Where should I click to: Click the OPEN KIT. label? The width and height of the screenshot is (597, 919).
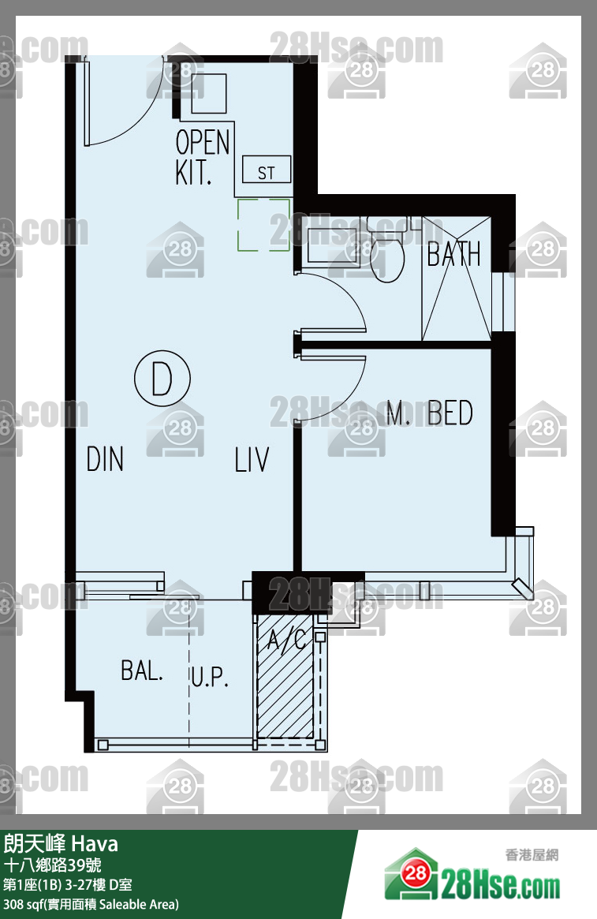202,157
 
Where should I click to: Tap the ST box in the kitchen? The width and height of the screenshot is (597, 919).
266,170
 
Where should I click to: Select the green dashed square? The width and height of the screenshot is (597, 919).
263,225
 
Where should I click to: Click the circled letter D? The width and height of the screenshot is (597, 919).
162,379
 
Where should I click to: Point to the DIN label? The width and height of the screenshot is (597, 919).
105,459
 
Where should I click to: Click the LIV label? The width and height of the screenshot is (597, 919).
252,459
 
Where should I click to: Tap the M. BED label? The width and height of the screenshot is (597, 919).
430,413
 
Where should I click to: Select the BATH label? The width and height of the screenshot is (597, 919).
453,254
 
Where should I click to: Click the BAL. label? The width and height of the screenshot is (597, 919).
142,671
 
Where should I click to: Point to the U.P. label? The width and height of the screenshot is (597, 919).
209,676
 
